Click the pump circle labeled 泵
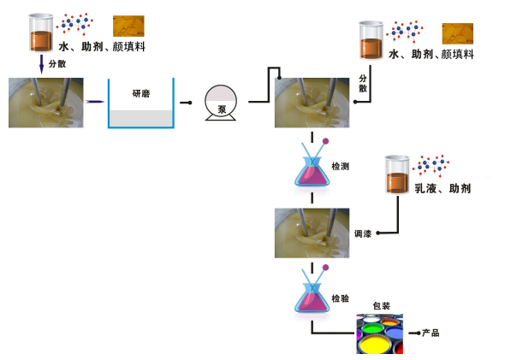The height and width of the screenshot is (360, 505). (221, 103)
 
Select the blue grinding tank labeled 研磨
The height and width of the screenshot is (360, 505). (141, 103)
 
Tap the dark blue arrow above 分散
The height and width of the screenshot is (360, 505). (41, 64)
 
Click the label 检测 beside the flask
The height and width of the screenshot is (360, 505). (341, 167)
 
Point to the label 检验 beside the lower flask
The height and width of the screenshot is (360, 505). (341, 298)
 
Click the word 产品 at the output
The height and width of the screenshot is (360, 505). (431, 333)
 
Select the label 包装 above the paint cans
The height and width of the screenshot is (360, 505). (382, 306)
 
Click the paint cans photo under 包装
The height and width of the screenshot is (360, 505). (380, 334)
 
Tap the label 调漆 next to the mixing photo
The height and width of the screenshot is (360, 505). (363, 234)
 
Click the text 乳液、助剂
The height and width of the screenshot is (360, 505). (443, 188)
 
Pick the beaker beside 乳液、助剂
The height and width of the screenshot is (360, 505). (397, 174)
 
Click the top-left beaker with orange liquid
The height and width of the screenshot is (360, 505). (41, 32)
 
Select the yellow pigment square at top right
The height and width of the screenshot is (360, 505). (458, 33)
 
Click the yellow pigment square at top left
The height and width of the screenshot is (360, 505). (128, 26)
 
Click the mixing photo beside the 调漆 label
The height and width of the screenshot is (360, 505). (312, 233)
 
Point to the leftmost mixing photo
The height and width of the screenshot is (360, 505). (46, 103)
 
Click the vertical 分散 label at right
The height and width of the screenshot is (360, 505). (363, 83)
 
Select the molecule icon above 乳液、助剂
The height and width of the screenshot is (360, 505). (431, 166)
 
